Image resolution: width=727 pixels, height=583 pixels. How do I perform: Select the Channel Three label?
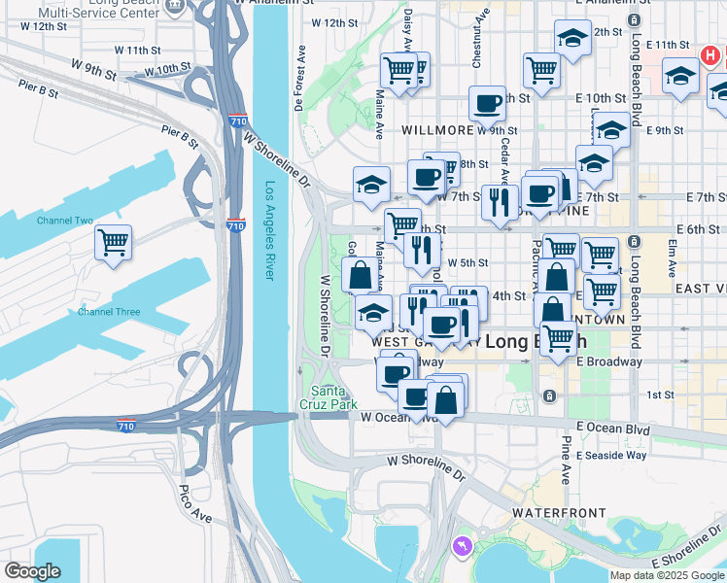109,312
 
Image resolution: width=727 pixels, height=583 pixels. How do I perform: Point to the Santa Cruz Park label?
329,397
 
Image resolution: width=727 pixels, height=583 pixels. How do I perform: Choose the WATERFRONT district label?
560,511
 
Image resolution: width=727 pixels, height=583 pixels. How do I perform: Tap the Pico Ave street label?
195,503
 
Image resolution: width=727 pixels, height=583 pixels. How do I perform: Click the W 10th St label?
167,69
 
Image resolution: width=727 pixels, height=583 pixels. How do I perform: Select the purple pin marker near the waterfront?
462,547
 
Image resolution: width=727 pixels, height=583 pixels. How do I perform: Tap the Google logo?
32,571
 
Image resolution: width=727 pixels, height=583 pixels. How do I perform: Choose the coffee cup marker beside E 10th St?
487,102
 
